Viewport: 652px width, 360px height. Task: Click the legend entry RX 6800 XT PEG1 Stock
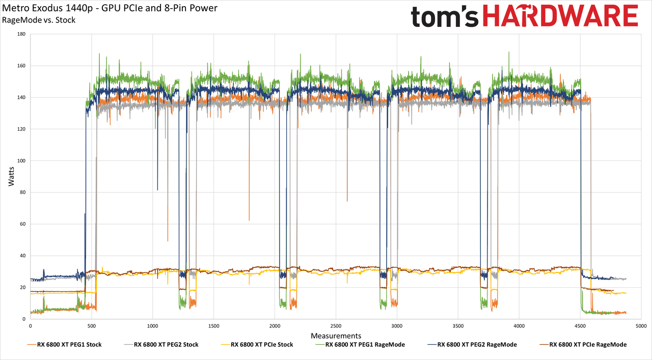point(64,345)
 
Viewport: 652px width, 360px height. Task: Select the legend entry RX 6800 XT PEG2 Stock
point(161,345)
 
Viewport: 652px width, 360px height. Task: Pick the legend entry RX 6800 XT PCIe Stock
point(257,345)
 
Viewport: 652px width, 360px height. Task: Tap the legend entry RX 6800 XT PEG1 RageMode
point(360,345)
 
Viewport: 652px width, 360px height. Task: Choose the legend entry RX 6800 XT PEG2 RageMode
point(472,345)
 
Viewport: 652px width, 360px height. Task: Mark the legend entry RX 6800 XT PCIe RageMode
point(583,345)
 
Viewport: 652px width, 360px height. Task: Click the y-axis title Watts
point(11,176)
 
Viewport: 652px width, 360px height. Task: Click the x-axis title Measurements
point(336,336)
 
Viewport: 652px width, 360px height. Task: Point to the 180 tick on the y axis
point(21,34)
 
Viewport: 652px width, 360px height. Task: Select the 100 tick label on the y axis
point(21,160)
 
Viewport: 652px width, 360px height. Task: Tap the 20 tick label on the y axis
point(23,287)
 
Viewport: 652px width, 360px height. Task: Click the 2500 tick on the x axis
point(336,326)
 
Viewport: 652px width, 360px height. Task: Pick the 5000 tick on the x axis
point(641,326)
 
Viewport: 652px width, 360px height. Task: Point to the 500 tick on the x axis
point(91,326)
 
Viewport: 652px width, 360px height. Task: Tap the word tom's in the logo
point(445,17)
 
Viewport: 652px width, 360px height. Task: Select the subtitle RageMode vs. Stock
point(39,20)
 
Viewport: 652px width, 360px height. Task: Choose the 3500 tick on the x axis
point(458,326)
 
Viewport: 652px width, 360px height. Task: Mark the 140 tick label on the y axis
point(21,97)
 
